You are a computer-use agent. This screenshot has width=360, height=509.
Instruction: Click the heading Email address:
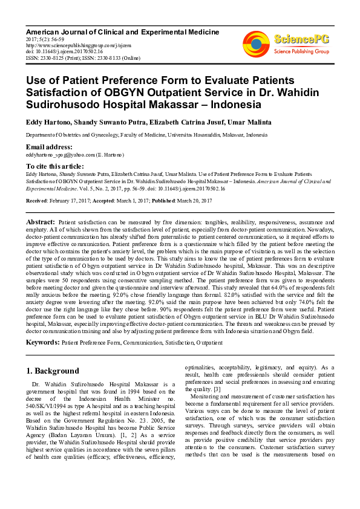[x=48, y=147]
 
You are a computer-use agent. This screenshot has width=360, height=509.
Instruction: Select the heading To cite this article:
[x=54, y=166]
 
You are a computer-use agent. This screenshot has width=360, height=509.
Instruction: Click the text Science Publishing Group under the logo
[x=301, y=52]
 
